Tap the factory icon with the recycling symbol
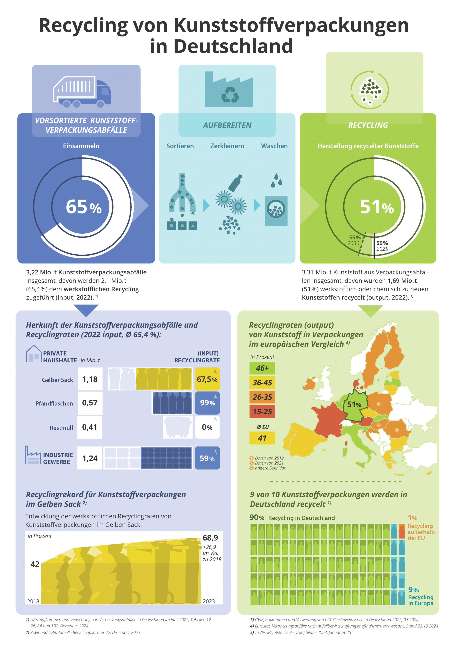pos(229,90)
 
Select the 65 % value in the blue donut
pos(83,207)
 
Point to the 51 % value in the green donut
pos(377,207)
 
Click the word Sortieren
pos(180,146)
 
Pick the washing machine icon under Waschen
pos(276,211)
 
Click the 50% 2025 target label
pos(382,246)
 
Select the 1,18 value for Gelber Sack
pos(90,380)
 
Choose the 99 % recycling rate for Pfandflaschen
pos(207,403)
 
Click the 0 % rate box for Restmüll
pos(207,427)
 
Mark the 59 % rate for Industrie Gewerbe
pos(207,458)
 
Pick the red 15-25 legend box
pos(262,412)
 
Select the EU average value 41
pos(262,438)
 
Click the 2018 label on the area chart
pos(33,601)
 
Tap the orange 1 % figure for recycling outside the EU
pos(413,518)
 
